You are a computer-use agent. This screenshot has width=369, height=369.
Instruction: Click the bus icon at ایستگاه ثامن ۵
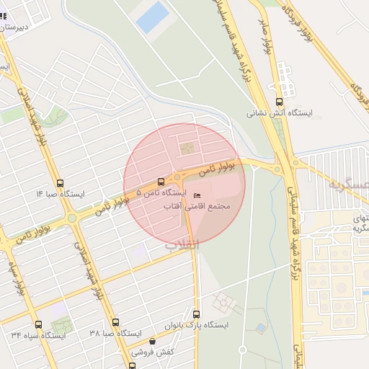160,182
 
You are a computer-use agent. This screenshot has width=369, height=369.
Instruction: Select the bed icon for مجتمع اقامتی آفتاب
197,195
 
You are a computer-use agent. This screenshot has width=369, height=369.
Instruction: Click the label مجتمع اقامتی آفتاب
197,207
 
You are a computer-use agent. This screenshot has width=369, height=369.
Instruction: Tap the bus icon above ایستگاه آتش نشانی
279,102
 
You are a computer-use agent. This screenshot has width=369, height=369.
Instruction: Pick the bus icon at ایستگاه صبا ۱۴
60,183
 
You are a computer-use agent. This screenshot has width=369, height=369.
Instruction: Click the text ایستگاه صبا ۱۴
61,195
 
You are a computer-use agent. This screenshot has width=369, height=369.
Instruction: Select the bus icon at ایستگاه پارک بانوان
197,314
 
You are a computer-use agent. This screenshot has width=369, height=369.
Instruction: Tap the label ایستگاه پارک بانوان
197,326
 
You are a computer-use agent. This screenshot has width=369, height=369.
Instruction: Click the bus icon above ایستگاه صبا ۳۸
114,323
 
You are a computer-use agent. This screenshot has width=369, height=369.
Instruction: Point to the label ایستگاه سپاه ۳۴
38,335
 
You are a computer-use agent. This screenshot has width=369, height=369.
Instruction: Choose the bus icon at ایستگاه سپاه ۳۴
38,324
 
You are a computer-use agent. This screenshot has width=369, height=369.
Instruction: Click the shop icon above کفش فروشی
152,342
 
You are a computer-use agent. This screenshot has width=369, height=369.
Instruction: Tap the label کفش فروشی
153,353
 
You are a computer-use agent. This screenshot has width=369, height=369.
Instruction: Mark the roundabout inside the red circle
177,176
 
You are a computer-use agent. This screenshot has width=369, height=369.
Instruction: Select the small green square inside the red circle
187,149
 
